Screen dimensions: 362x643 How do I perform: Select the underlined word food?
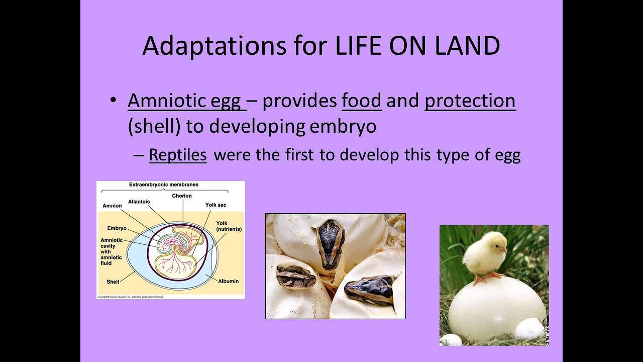tap(362, 101)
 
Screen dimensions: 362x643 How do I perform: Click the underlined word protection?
tap(470, 101)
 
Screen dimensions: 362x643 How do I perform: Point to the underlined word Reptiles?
tap(178, 155)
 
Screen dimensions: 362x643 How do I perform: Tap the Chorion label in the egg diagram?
tap(181, 196)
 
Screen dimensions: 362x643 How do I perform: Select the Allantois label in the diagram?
tap(139, 202)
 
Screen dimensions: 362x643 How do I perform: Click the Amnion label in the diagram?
tap(112, 206)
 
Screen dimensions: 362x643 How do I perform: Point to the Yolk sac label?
tap(216, 205)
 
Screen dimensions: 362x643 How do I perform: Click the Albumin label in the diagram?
tap(228, 281)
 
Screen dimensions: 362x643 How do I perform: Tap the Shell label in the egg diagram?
tap(113, 282)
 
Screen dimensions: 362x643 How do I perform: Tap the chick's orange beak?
tap(504, 249)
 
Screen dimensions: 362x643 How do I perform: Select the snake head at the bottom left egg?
tap(296, 278)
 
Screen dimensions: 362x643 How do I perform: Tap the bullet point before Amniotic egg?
tap(114, 101)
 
